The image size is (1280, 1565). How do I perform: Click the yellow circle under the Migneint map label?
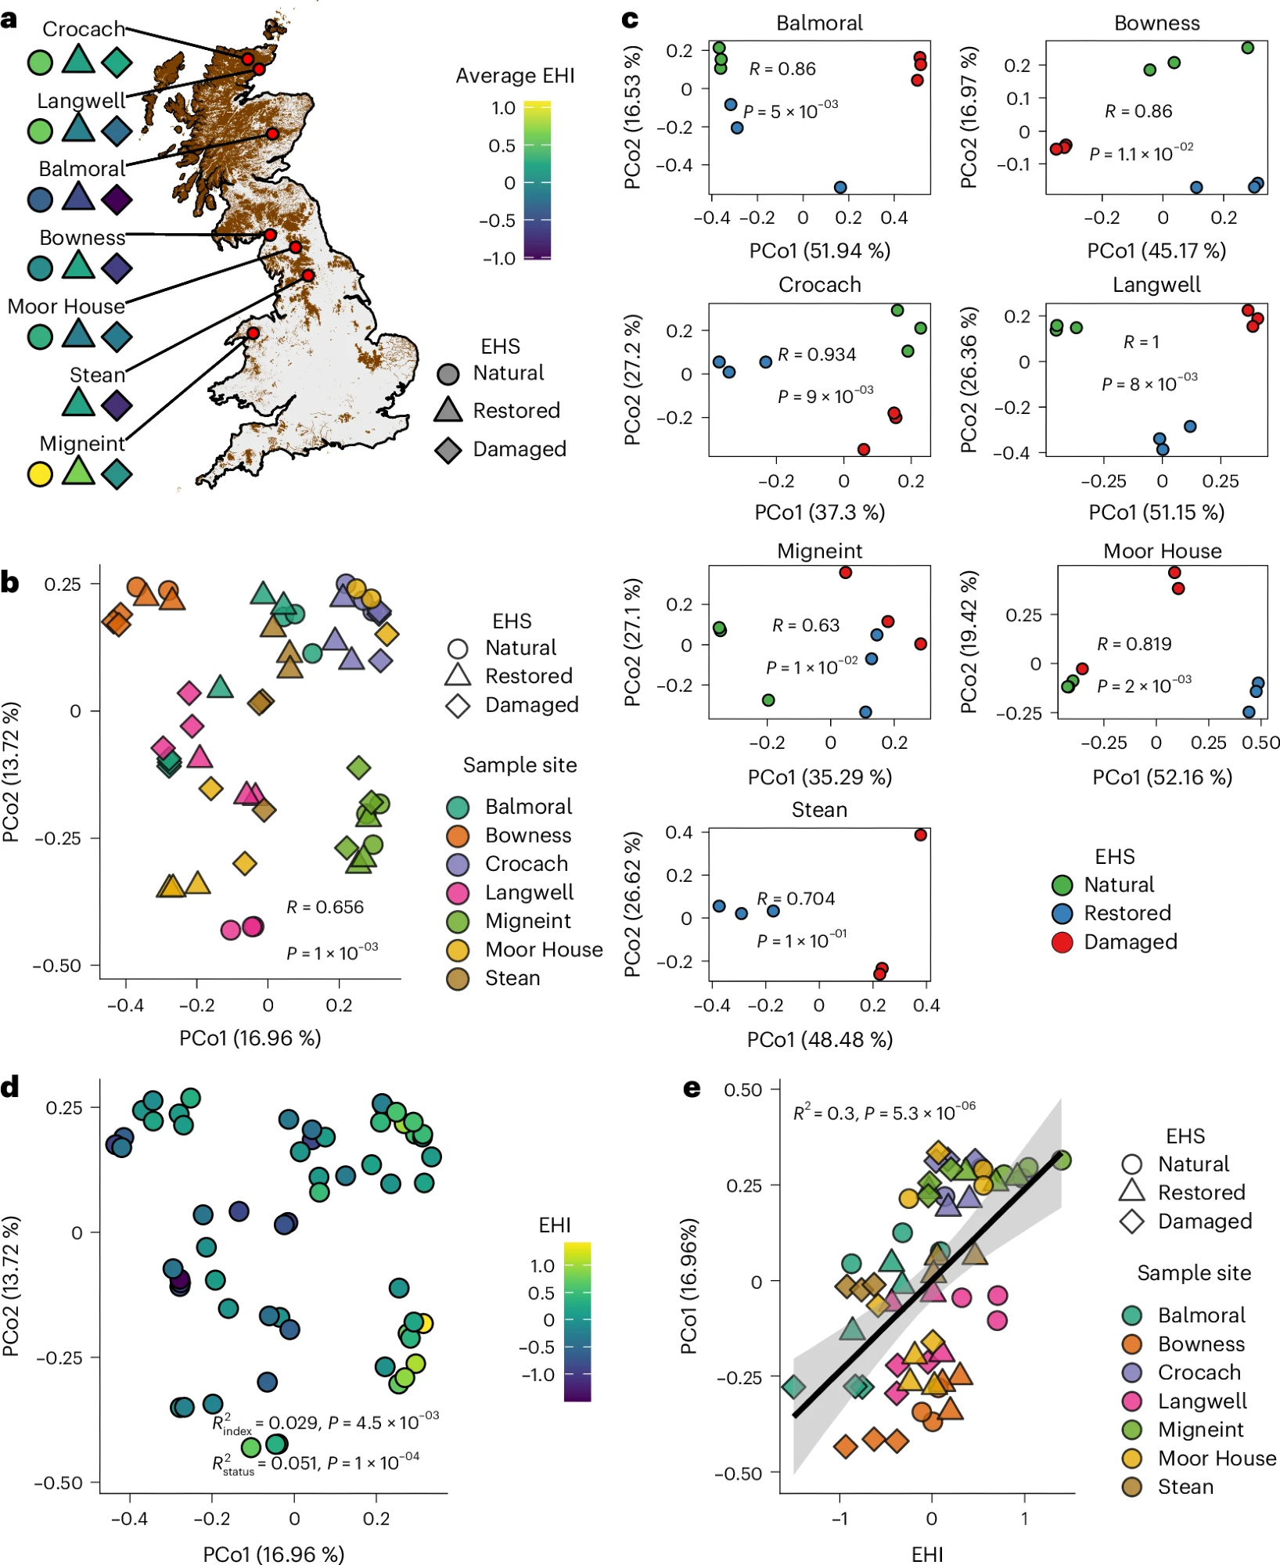40,474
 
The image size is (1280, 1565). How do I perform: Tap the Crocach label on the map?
83,29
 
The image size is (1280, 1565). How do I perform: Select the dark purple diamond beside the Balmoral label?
117,200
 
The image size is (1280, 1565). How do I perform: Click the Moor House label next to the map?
66,306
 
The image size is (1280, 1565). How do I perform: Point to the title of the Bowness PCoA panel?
1156,23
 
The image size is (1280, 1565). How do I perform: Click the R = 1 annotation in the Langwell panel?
1141,342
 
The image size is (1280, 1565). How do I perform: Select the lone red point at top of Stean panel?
920,835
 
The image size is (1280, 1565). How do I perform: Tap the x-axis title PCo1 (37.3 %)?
819,513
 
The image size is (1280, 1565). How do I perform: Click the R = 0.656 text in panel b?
325,907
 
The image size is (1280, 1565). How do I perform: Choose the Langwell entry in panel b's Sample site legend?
529,892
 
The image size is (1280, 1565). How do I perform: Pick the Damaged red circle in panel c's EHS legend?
1062,942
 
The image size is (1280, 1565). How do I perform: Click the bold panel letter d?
10,1087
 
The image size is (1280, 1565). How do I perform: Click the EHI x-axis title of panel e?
927,1554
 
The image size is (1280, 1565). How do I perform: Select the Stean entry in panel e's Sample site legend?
1185,1487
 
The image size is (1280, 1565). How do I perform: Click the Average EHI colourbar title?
515,76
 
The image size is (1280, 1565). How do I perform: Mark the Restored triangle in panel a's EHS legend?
448,409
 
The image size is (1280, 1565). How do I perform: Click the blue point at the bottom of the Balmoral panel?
840,188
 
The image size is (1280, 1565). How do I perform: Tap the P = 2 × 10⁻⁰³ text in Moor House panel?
1144,686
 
